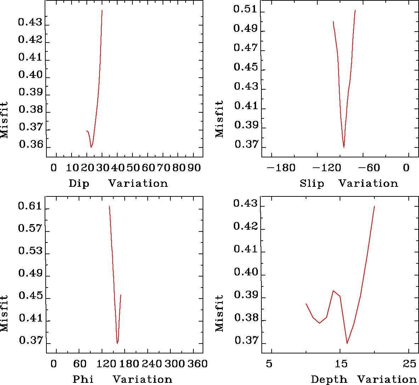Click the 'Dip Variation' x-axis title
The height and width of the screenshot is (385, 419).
[118, 183]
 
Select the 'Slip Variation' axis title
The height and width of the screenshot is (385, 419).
[349, 183]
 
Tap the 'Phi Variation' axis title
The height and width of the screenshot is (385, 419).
[122, 379]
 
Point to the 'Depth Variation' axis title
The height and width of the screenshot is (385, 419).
[363, 379]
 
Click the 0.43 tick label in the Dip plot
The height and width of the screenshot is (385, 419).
[30, 23]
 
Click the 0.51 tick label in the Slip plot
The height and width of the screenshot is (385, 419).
[245, 10]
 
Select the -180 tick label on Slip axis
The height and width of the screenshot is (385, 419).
[281, 167]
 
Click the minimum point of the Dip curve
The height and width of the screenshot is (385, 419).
[91, 147]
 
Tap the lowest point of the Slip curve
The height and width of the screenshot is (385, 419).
[344, 147]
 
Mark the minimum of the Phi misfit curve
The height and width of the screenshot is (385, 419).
[117, 343]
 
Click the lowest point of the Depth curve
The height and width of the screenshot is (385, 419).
[347, 343]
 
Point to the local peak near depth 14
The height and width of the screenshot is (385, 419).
[333, 291]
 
